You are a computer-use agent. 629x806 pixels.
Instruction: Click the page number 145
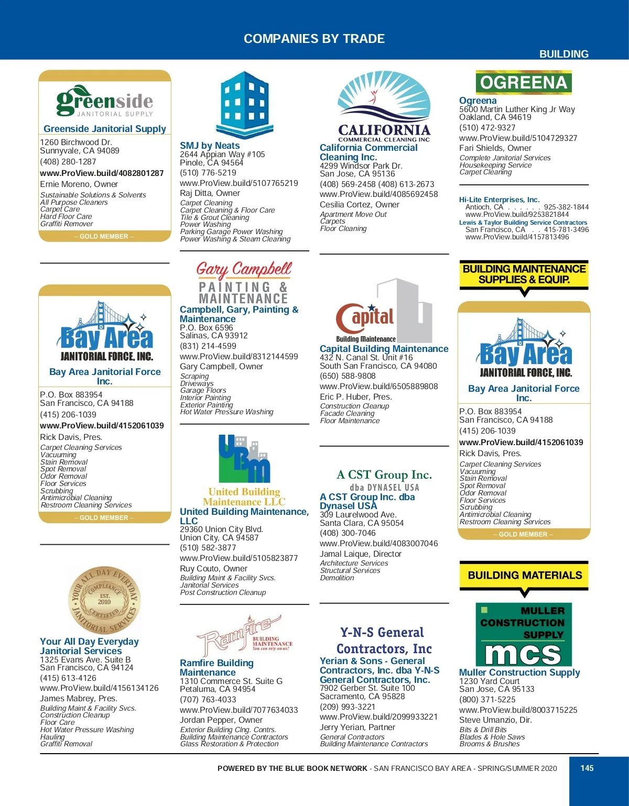coord(587,768)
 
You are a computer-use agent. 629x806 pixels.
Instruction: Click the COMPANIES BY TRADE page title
coord(314,39)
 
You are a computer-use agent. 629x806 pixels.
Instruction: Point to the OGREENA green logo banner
coord(523,82)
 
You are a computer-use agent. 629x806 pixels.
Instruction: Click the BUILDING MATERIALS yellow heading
coord(524,575)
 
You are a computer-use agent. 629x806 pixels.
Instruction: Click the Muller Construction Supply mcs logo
coord(523,634)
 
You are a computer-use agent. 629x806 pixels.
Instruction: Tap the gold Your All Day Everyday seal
coord(104,600)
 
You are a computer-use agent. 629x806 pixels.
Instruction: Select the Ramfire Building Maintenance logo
coord(244,636)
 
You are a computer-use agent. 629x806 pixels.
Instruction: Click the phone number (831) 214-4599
coord(208,346)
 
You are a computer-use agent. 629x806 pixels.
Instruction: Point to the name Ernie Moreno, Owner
coord(79,184)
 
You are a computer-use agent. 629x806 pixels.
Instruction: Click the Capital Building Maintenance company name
coord(384,349)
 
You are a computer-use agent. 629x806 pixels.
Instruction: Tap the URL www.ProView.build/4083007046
coord(379,544)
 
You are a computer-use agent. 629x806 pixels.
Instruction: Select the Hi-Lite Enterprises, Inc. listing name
coord(499,200)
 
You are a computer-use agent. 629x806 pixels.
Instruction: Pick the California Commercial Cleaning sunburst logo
coord(384,107)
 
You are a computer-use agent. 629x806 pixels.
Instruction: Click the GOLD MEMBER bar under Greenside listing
coord(104,237)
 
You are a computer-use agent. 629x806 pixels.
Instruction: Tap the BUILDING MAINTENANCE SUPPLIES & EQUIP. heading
coord(524,274)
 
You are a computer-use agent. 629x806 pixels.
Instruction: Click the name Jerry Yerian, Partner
coord(357,727)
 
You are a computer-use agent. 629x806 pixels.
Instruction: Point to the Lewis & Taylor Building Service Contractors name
coord(523,223)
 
